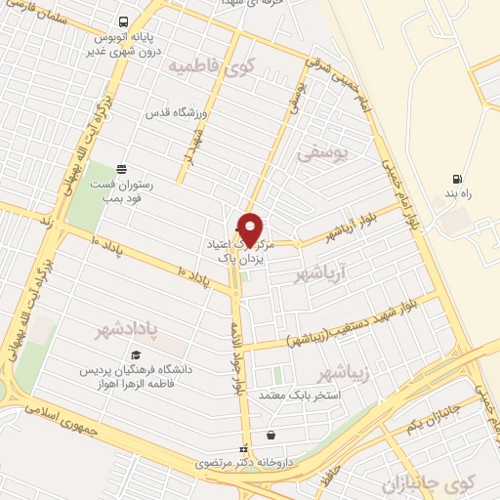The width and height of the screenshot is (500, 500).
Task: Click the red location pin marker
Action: [x=251, y=229]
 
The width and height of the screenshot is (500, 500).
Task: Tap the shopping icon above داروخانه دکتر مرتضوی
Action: [x=271, y=436]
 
